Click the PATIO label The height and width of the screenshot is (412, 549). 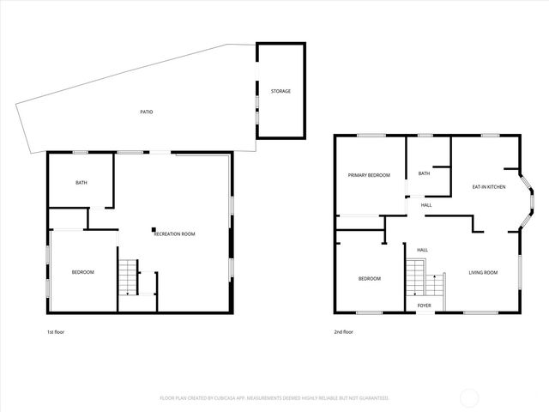[x=148, y=112]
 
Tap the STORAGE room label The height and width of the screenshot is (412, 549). [x=281, y=91]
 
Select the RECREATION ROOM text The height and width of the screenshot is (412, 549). [x=176, y=233]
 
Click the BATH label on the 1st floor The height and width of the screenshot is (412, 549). [x=81, y=182]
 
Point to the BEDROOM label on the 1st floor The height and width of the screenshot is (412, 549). [x=82, y=272]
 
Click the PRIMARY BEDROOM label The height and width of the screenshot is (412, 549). [x=369, y=175]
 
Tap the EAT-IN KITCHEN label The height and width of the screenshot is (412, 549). [x=488, y=186]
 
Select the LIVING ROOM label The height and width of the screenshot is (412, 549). [x=483, y=273]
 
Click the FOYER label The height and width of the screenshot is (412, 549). [x=424, y=305]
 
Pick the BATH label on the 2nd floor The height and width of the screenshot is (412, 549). [x=424, y=173]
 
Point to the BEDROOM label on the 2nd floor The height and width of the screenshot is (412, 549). [x=369, y=278]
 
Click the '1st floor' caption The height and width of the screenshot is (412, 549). [x=56, y=331]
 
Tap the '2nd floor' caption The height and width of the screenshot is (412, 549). [x=343, y=331]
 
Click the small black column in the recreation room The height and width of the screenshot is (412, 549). [x=153, y=229]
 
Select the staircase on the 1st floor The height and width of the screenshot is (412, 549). [x=128, y=276]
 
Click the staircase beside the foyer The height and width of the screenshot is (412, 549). [x=416, y=279]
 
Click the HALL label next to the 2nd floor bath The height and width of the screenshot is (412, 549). [x=426, y=205]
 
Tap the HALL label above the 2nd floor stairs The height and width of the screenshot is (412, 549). [x=422, y=250]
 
